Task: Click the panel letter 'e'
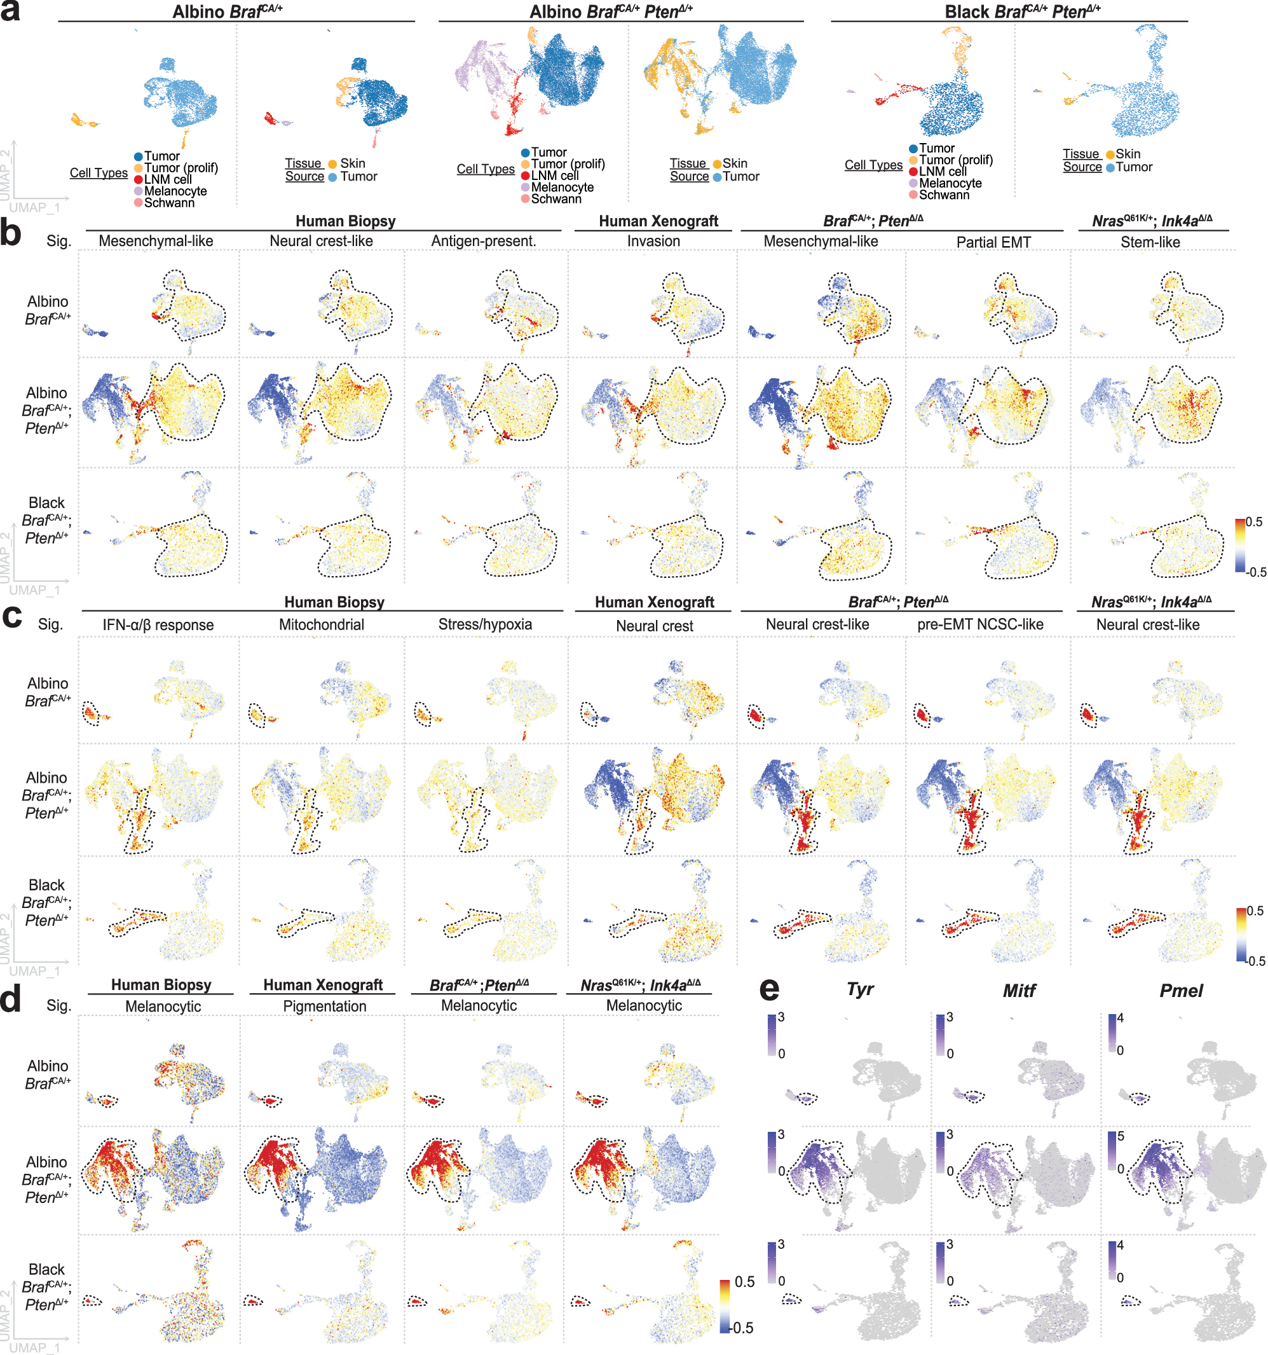pos(768,989)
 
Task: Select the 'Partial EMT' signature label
pos(993,242)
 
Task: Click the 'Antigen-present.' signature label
pos(483,241)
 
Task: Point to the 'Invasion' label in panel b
pos(653,241)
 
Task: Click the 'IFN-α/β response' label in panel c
pos(158,624)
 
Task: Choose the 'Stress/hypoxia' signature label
pos(484,624)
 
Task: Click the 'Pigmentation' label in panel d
pos(324,1006)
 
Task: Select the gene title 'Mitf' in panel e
pos(1019,991)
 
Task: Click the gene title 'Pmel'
pos(1181,991)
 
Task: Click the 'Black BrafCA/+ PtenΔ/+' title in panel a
pos(1022,11)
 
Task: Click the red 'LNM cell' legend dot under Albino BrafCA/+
pos(139,179)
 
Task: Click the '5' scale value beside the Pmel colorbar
pos(1120,1136)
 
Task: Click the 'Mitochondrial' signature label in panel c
pos(321,624)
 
